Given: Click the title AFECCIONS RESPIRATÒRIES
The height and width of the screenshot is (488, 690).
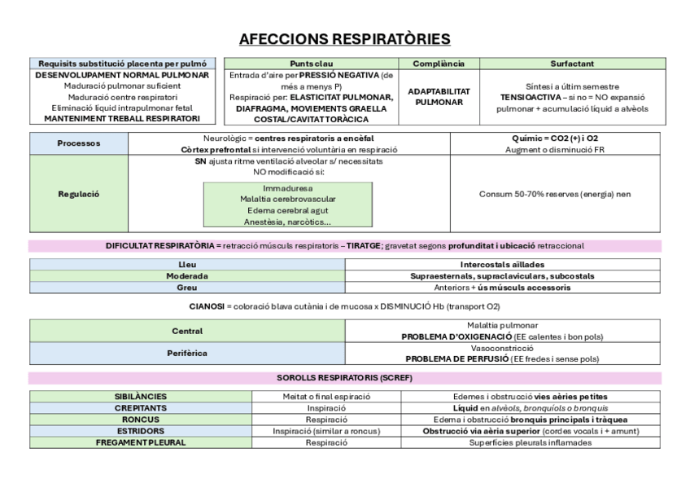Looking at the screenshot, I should tap(345, 39).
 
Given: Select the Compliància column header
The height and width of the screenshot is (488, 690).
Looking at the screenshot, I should tap(439, 64).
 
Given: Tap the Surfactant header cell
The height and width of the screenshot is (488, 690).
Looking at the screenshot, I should tap(571, 64).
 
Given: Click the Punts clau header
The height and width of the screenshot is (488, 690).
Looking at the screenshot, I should tap(311, 64).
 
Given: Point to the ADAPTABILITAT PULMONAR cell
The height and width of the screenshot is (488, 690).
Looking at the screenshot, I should tap(439, 97).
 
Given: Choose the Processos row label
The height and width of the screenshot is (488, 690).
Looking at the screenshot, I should tap(79, 143).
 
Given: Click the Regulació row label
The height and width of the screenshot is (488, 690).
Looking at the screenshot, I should tap(79, 194).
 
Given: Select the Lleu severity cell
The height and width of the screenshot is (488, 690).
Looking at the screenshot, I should tap(187, 265).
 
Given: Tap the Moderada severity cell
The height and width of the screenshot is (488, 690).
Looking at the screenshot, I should tap(187, 276).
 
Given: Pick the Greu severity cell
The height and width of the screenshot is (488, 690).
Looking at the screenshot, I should tap(187, 288).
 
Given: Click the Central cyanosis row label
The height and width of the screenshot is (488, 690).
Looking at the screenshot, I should tap(187, 331).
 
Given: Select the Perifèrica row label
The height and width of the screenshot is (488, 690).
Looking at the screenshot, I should tap(187, 354).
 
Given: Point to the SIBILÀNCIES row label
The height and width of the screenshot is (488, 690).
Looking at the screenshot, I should tap(141, 397).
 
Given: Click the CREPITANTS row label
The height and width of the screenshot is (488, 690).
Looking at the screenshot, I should tap(141, 408).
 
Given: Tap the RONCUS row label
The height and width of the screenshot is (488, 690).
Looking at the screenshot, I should tap(141, 420).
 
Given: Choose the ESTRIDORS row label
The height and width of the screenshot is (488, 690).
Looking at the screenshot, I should tap(141, 431).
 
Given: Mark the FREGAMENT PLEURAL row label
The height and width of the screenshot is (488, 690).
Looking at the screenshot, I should tap(141, 442).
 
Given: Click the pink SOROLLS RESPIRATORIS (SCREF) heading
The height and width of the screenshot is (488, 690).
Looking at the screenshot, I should tap(345, 379).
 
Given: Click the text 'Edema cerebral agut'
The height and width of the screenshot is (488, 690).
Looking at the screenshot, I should tap(287, 210).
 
